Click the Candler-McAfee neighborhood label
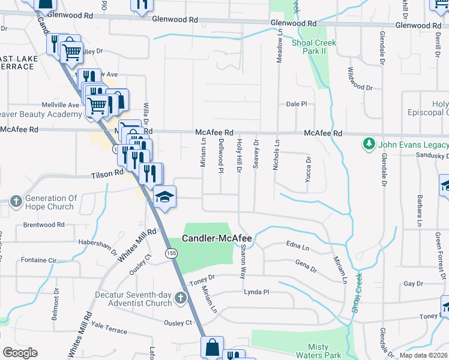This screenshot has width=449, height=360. point(217,238)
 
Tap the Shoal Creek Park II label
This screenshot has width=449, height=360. point(313,47)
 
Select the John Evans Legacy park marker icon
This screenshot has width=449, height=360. point(368,144)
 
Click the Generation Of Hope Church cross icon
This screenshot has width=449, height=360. point(16,202)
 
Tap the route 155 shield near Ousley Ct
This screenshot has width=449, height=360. point(172,254)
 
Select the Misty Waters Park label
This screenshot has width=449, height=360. point(325,351)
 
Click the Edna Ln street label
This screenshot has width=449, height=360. point(297,246)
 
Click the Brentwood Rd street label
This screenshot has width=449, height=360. point(43,225)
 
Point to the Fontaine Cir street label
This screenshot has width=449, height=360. point(38,260)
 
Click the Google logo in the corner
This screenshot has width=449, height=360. point(20,353)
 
